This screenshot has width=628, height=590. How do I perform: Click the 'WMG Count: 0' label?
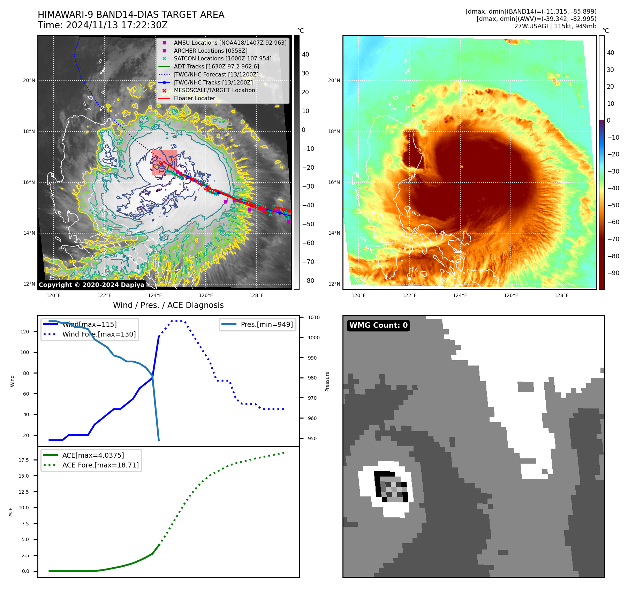(x=378, y=325)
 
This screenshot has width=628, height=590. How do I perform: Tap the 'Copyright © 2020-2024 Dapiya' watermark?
(x=91, y=285)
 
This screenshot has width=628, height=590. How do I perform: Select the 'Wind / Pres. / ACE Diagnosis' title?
(x=168, y=305)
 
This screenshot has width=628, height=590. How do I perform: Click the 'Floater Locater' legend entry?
(x=195, y=98)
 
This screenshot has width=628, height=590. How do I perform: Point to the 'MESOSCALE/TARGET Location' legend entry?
(x=214, y=90)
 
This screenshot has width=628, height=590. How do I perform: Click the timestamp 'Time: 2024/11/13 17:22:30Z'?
(x=103, y=25)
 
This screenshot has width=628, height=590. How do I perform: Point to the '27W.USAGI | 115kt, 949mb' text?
(x=555, y=26)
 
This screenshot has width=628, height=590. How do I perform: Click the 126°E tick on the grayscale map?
(x=206, y=295)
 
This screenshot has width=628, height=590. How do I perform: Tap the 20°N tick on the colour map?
(x=334, y=80)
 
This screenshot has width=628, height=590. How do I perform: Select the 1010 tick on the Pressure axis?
(x=314, y=317)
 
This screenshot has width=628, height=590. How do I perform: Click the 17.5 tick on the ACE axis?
(x=24, y=460)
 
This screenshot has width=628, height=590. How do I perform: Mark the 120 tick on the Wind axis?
(x=25, y=332)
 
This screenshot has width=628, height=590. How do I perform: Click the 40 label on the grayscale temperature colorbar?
(x=305, y=54)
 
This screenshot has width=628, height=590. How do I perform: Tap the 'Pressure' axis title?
(x=327, y=381)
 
